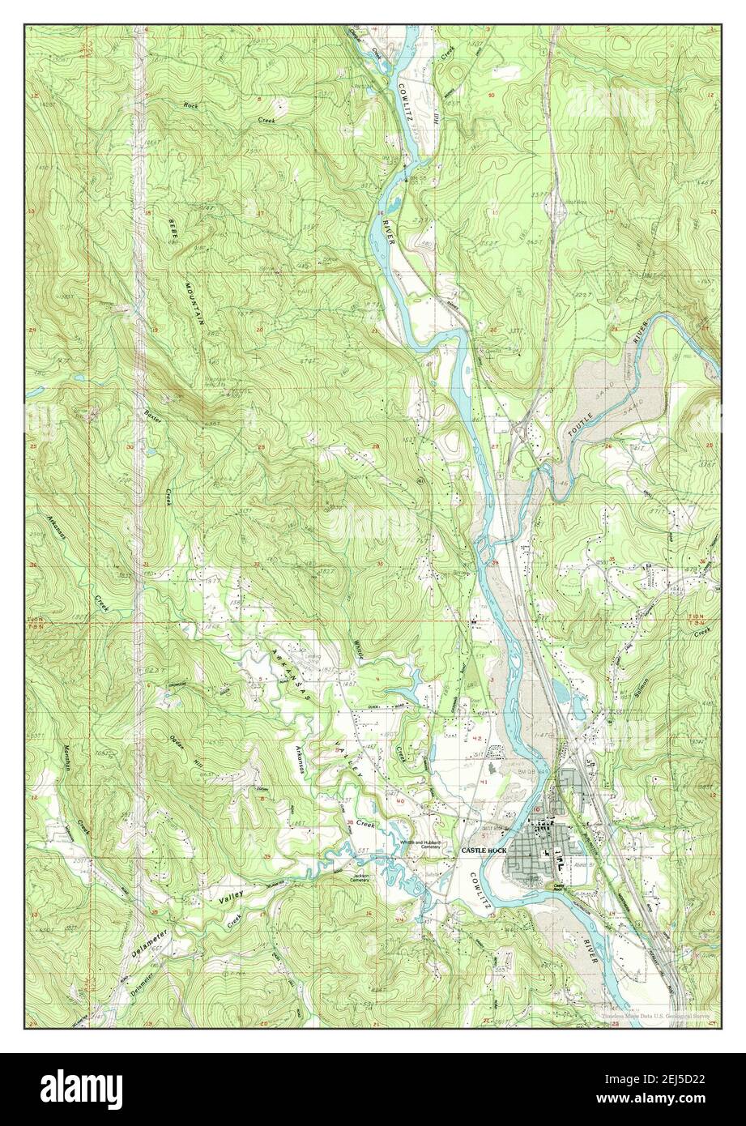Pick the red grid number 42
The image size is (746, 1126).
(x=477, y=739)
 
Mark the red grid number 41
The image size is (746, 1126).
(x=485, y=782)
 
